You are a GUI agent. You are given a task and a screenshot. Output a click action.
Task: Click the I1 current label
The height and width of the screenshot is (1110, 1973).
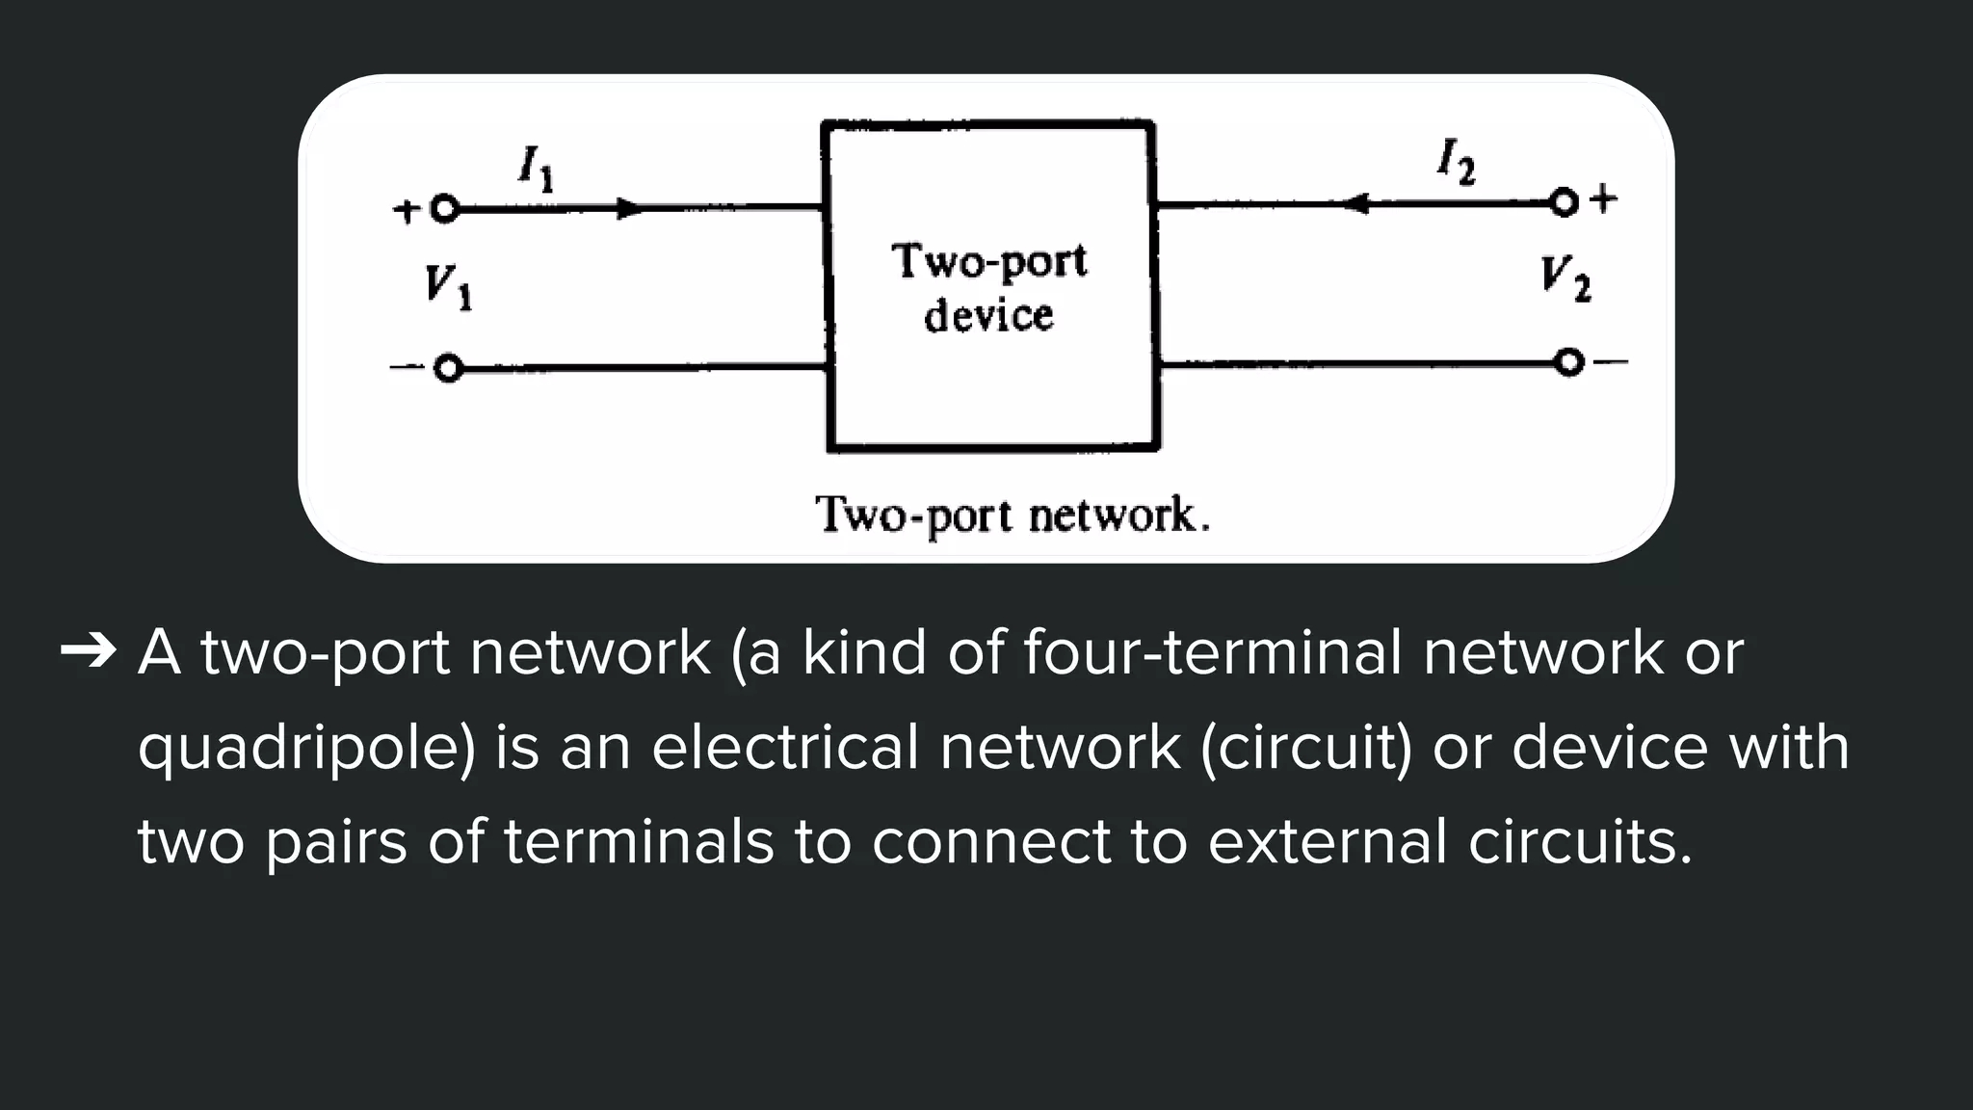[x=536, y=169]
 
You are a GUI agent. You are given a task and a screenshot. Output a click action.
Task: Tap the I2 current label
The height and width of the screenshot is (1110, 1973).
[x=1456, y=161]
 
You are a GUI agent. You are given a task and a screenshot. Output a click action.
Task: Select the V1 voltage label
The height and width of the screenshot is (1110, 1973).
[x=448, y=287]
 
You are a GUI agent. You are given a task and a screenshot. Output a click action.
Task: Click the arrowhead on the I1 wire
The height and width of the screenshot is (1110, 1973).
[x=629, y=208]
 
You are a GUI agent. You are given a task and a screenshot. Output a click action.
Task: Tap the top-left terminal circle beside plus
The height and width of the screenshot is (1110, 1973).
[x=444, y=209]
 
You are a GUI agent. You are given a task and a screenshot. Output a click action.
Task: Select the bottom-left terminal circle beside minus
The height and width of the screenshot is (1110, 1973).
[x=448, y=369]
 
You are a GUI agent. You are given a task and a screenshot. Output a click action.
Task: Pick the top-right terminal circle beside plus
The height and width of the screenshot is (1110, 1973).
[x=1565, y=203]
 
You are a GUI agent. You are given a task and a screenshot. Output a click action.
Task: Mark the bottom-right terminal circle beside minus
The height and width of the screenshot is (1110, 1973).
[x=1569, y=362]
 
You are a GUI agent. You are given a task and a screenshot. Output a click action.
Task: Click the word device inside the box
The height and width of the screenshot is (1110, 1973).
[x=988, y=316]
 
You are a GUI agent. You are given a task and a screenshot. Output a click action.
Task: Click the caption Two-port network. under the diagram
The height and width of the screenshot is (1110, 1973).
[x=1012, y=515]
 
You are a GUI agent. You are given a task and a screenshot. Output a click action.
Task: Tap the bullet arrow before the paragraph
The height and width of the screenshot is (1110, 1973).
[x=88, y=653]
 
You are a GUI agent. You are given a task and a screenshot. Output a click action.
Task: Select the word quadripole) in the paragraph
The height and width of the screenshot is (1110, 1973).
[x=306, y=749]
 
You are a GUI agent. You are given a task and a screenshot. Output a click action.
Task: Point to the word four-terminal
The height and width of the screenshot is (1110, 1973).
[x=1212, y=652]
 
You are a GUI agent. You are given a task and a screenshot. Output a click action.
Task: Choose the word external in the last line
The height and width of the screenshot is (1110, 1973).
[x=1328, y=841]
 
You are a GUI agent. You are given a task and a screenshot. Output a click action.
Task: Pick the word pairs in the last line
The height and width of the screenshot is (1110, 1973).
[x=335, y=841]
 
